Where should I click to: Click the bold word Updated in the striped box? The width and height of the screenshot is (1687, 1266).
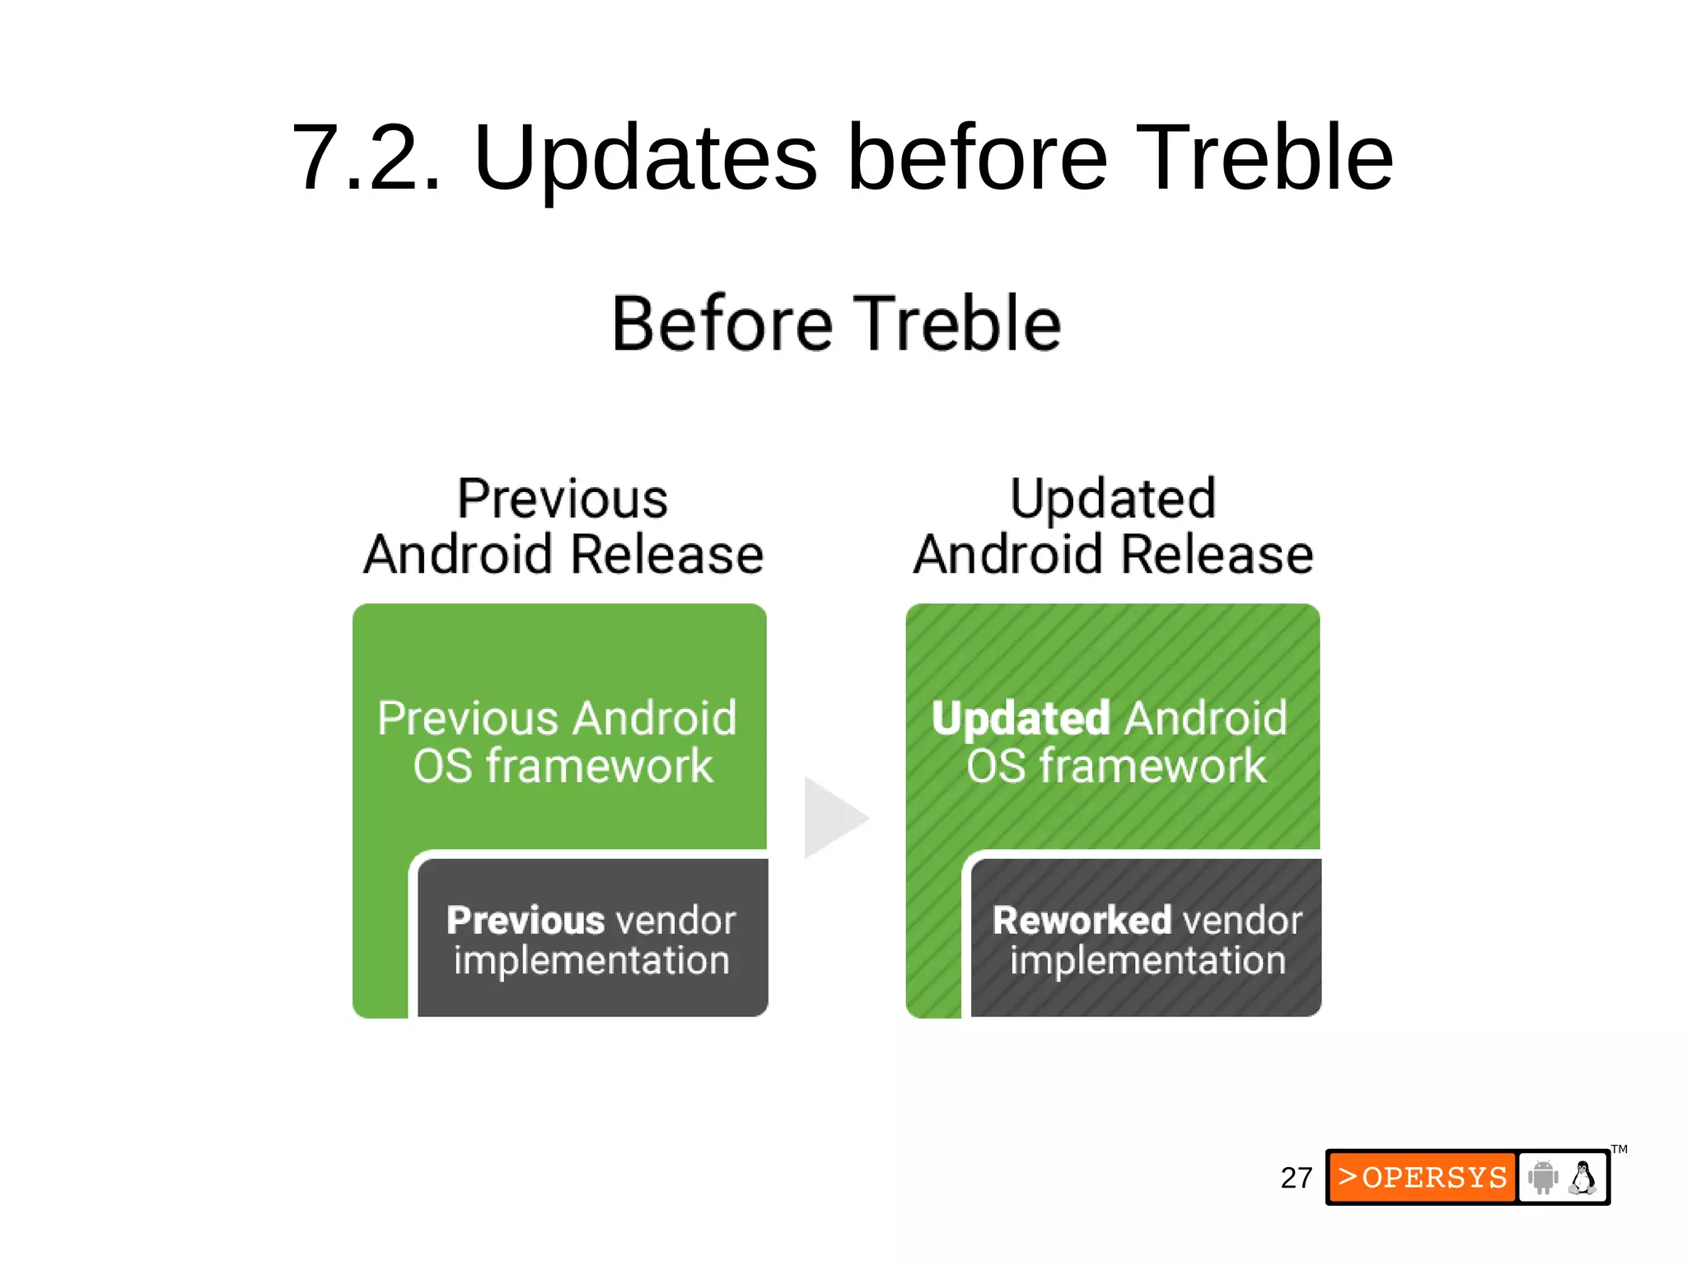tap(1021, 719)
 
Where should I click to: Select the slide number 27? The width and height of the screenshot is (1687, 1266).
tap(1296, 1178)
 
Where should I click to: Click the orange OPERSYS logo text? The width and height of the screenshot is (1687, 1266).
tap(1423, 1177)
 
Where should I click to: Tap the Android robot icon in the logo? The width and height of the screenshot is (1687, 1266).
tap(1542, 1177)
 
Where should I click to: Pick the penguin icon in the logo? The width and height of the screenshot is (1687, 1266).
tap(1582, 1177)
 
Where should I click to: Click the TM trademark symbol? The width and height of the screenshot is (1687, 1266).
tap(1619, 1149)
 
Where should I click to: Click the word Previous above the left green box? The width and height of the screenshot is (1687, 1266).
tap(563, 499)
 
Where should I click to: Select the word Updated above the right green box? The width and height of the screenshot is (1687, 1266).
tap(1113, 499)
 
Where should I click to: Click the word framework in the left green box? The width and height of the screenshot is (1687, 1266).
tap(599, 767)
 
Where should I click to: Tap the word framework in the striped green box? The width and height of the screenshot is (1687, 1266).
tap(1152, 767)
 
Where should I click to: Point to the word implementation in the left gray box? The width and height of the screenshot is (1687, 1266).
tap(591, 961)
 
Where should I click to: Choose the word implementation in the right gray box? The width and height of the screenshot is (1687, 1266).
tap(1147, 961)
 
